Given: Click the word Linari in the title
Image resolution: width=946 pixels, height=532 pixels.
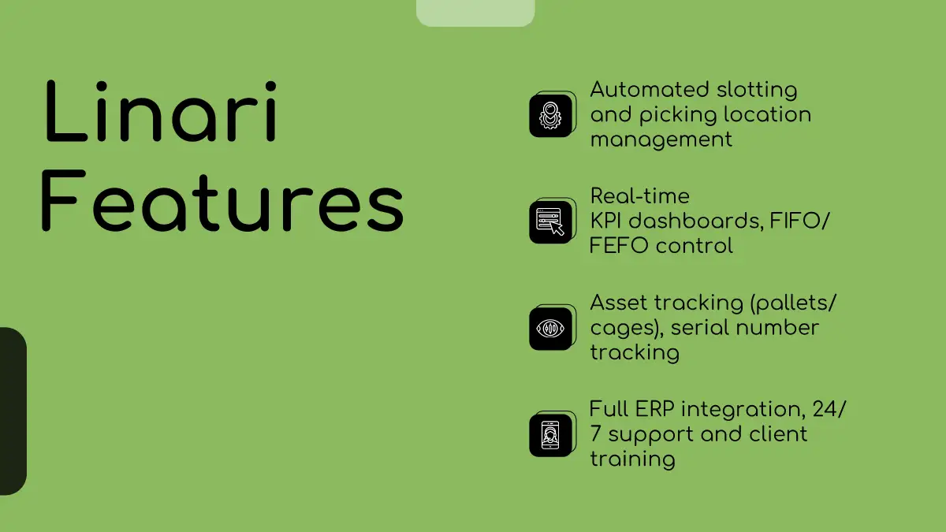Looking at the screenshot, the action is tap(161, 111).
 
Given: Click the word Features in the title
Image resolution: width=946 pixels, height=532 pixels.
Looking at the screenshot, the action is tap(222, 200).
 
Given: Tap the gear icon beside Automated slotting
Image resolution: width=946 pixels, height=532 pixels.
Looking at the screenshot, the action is tap(550, 116).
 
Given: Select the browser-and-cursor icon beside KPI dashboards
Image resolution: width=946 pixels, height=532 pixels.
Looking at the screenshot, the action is tap(550, 222).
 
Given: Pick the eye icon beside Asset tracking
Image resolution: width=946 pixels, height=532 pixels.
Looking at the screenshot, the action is tap(550, 329).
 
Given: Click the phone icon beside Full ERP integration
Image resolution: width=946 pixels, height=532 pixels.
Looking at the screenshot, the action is tap(550, 435).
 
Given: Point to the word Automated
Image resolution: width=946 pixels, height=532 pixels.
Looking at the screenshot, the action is tap(650, 90).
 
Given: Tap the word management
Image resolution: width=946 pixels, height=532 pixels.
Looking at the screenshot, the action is tap(661, 140).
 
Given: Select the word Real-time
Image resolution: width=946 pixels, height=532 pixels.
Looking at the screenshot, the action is tap(640, 196).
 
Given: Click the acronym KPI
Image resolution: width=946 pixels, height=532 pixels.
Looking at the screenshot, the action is tap(605, 221).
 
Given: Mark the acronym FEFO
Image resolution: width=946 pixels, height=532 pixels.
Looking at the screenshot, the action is tap(619, 246).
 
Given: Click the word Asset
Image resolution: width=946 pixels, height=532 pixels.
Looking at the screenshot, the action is tap(619, 303).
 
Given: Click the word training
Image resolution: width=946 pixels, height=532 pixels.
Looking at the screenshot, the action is tap(632, 459).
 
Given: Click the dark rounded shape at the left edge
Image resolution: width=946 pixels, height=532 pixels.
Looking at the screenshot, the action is tap(13, 411).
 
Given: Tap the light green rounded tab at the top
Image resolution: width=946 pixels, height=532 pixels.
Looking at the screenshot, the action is tap(475, 13).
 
